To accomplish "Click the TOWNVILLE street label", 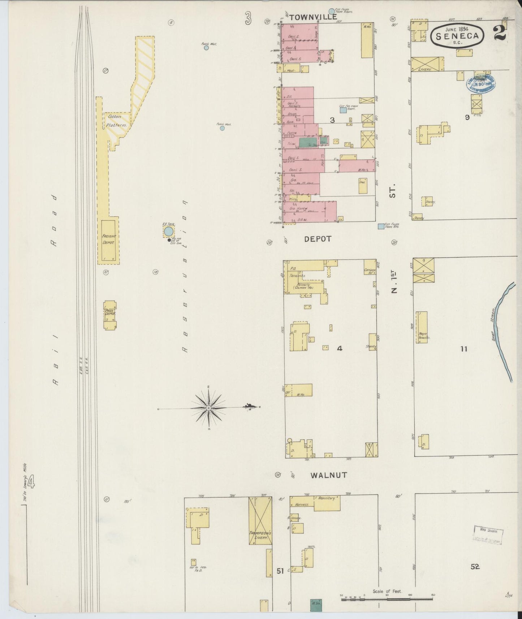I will (x=313, y=17).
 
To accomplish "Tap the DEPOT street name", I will (x=318, y=239).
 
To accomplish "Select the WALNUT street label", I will (x=329, y=475).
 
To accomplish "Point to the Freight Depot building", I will (x=108, y=240).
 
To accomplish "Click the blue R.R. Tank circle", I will (x=168, y=231).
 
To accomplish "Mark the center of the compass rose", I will (x=209, y=408).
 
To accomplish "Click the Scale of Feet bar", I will (x=387, y=599).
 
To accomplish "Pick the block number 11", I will (x=464, y=349).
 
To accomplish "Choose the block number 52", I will (x=475, y=567).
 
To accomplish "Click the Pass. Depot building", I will (x=110, y=315).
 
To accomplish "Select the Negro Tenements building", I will (x=422, y=327).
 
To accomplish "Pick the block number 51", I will (x=280, y=571).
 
